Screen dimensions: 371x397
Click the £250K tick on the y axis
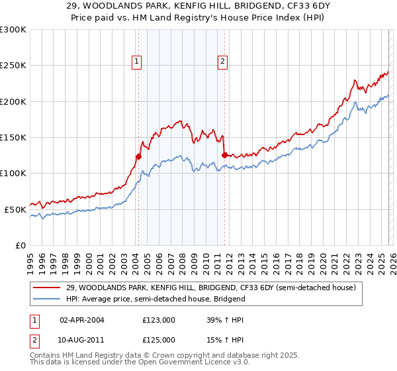tap(13, 66)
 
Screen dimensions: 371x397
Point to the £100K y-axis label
tap(13, 173)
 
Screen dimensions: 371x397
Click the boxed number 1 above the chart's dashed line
tap(136, 62)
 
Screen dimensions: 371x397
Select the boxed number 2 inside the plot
tap(222, 62)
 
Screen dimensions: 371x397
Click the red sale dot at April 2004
tap(138, 157)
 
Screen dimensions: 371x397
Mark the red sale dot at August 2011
tap(224, 155)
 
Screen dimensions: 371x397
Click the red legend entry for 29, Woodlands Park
tap(210, 288)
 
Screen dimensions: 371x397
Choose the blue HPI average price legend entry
tap(155, 299)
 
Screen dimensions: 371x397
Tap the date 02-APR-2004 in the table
tap(82, 319)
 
